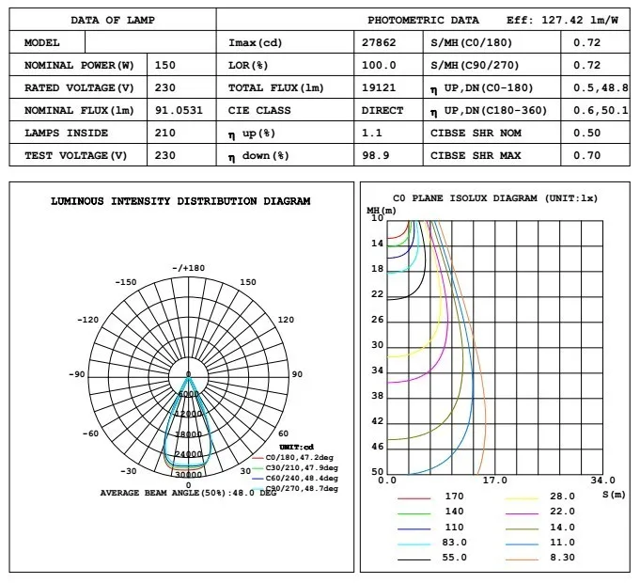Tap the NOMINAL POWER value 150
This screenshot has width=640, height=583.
(x=164, y=66)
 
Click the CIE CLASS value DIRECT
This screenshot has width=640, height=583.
(x=382, y=110)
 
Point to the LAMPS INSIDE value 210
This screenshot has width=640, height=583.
(x=164, y=133)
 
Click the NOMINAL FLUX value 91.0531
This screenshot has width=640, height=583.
(x=177, y=110)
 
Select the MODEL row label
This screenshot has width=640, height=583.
(x=42, y=43)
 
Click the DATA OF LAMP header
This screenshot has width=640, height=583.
(x=113, y=20)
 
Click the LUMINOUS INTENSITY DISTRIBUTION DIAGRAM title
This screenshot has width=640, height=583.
(x=180, y=201)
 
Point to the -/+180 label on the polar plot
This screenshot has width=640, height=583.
(x=188, y=268)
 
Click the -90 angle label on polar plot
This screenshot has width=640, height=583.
(x=77, y=374)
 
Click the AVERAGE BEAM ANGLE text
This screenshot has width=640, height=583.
(x=188, y=493)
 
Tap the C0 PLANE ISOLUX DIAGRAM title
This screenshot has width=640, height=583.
(x=494, y=198)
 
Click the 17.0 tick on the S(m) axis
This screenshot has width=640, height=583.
(x=494, y=481)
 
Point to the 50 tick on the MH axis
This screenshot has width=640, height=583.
(x=378, y=472)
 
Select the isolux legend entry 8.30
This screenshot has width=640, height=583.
(x=563, y=559)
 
